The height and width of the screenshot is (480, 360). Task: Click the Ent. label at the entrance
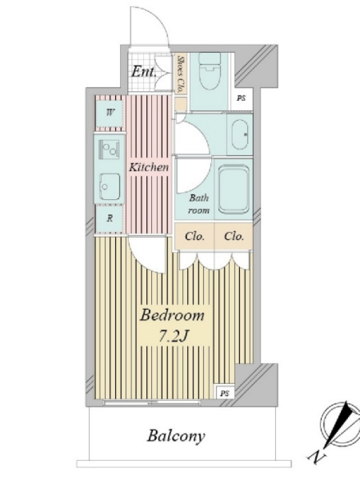tap(143, 72)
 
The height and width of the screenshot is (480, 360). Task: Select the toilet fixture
tap(209, 71)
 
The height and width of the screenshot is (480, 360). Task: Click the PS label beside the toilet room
tap(241, 98)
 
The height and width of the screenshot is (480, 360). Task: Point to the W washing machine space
tap(110, 113)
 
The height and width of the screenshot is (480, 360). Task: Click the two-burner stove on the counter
tap(109, 149)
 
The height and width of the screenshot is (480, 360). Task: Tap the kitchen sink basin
tap(109, 187)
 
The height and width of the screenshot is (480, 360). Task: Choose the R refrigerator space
tap(110, 218)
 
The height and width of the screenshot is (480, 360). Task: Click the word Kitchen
tap(148, 167)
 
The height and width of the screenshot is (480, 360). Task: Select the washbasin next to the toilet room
tap(241, 134)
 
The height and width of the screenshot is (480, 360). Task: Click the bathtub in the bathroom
tap(233, 189)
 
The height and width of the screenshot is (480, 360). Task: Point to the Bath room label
tap(199, 204)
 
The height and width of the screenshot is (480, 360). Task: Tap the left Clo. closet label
tap(194, 236)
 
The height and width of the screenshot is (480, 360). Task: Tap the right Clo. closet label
tap(234, 236)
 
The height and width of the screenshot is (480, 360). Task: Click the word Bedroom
tap(172, 316)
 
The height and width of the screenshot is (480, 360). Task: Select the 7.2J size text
tap(173, 337)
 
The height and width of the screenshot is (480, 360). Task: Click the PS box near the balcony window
tap(224, 393)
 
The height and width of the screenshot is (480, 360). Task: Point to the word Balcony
tap(176, 436)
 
